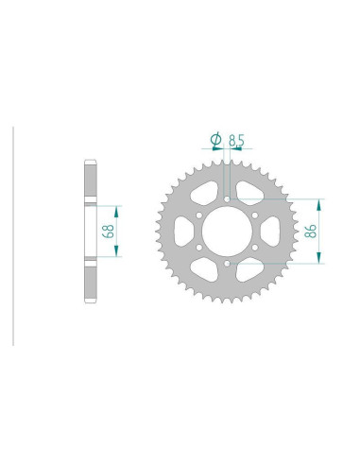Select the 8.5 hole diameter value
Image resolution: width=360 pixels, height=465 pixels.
coord(237,141)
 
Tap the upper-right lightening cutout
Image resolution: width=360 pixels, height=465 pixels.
coord(250,193)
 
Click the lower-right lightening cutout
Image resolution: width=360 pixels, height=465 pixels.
coord(250,270)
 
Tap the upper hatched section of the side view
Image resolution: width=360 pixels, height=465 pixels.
coord(90,181)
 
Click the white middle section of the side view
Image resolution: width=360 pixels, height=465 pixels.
coord(90,232)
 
